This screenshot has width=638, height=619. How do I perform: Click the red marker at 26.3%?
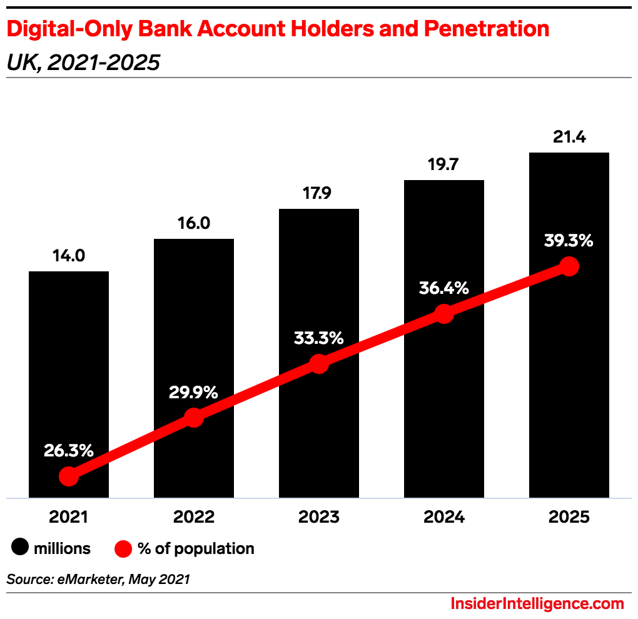[69, 476]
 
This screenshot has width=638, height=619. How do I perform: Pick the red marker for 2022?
[194, 418]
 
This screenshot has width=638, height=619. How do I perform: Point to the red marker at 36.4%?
[444, 313]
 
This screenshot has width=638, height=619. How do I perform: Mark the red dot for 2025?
[569, 266]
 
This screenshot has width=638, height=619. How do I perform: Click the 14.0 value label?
[69, 255]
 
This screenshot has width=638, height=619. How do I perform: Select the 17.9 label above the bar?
[319, 193]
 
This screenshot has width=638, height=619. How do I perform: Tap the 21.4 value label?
[569, 137]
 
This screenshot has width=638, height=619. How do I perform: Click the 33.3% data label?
[319, 338]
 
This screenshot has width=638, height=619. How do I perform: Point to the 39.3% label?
[568, 241]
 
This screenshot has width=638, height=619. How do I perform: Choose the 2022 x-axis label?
[194, 517]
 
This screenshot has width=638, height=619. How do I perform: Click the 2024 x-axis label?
[444, 517]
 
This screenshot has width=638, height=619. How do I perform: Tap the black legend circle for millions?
[20, 549]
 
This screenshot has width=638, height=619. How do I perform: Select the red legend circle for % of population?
[124, 549]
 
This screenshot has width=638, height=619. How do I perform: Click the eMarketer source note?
[98, 580]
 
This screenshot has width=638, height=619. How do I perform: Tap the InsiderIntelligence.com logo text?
[537, 604]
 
